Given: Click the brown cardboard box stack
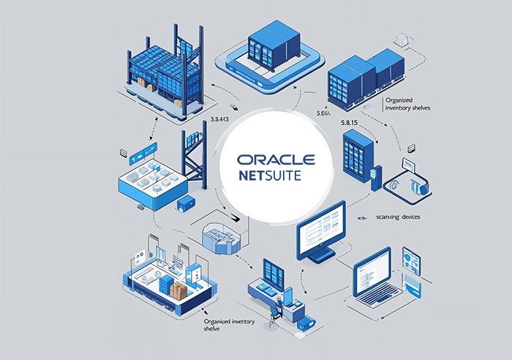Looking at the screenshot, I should click(x=178, y=290).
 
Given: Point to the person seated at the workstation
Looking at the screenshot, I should click(x=276, y=307).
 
